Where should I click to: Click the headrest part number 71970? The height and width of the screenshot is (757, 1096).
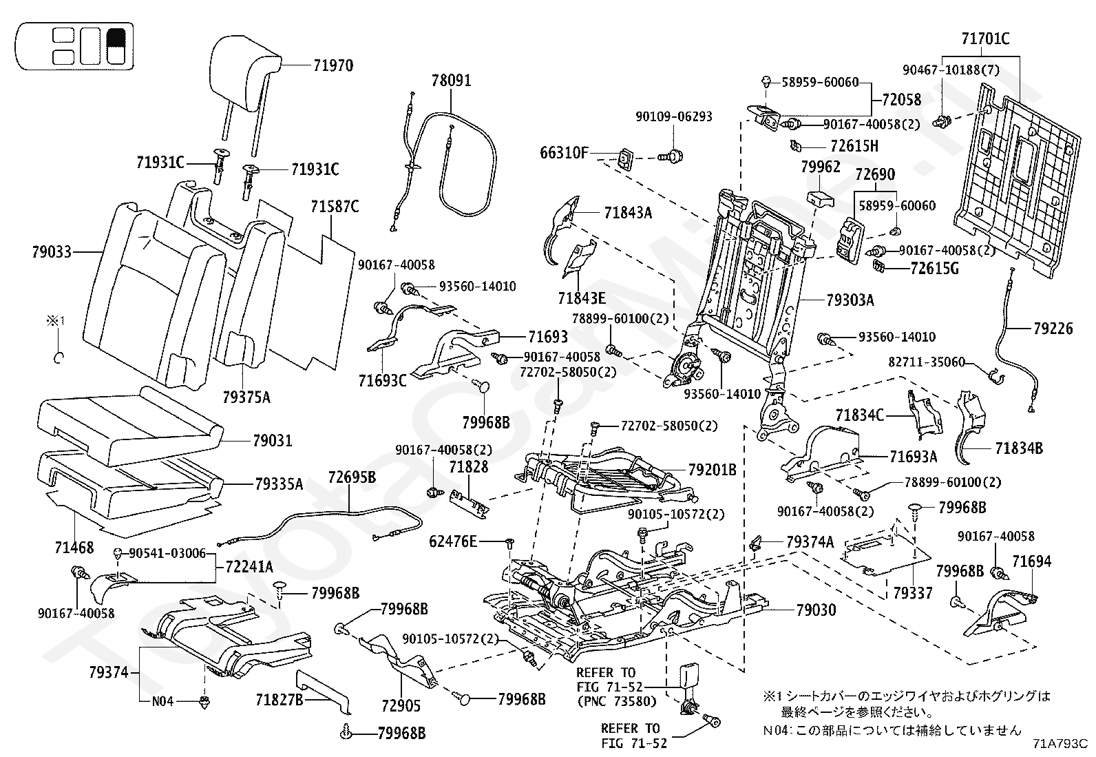tap(333, 66)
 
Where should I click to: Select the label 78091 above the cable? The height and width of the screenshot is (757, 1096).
tap(452, 81)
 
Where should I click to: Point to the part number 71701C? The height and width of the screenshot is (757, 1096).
tap(985, 39)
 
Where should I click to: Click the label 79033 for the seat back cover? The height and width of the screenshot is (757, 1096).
tap(52, 252)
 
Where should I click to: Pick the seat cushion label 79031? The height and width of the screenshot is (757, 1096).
tap(273, 440)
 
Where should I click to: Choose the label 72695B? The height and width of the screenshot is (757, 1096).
tap(352, 477)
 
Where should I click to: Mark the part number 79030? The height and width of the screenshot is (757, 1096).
tap(816, 610)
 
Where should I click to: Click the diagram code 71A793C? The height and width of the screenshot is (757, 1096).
tap(1060, 743)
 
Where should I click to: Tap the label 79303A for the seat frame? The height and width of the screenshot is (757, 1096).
tap(850, 300)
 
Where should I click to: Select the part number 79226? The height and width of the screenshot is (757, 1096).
tap(1053, 329)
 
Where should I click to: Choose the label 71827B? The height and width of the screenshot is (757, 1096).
tap(280, 700)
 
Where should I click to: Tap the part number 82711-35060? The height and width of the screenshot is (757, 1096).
tap(926, 362)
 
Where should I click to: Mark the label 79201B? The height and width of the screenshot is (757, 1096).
tap(712, 470)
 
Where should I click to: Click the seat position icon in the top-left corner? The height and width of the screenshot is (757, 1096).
tap(75, 46)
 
